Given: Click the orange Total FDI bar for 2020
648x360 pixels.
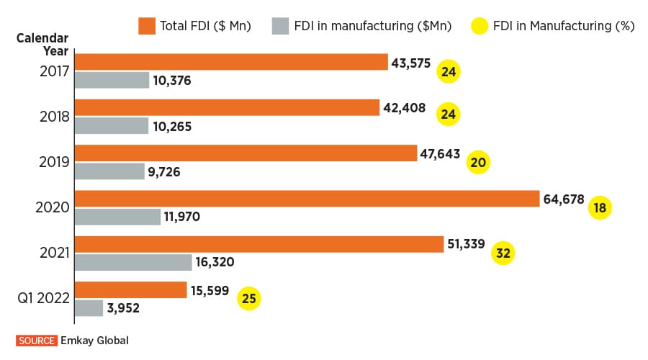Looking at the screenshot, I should click(x=307, y=199).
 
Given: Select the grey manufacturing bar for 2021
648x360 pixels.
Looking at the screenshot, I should click(x=133, y=262).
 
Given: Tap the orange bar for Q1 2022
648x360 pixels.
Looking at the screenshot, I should click(x=130, y=289).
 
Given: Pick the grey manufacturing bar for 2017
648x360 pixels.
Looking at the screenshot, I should click(x=112, y=80).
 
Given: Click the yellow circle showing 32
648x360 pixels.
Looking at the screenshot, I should click(x=503, y=253).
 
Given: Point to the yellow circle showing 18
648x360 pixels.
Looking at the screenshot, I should click(x=599, y=207).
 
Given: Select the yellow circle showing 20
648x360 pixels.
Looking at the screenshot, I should click(x=478, y=162).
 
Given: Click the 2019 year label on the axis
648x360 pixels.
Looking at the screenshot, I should click(x=55, y=162).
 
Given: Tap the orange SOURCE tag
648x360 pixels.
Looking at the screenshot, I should click(x=35, y=340).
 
